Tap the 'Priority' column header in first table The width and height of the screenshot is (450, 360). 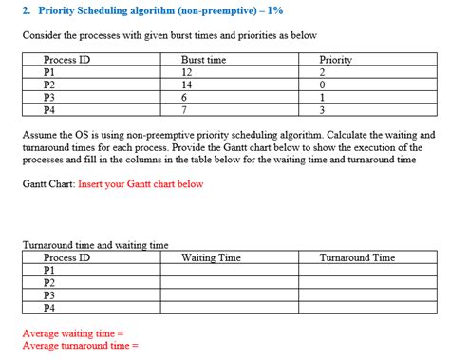pyautogui.click(x=336, y=60)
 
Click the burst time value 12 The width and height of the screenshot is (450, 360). pyautogui.click(x=186, y=72)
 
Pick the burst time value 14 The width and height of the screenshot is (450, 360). pyautogui.click(x=186, y=85)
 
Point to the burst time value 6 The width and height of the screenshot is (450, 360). pyautogui.click(x=183, y=98)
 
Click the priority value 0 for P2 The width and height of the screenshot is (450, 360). pyautogui.click(x=323, y=85)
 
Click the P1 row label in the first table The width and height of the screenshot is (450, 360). pyautogui.click(x=50, y=72)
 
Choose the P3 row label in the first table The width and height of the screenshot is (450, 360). pyautogui.click(x=50, y=98)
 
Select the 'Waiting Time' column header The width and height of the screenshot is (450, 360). pyautogui.click(x=211, y=257)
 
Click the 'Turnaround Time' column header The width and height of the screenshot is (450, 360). pyautogui.click(x=357, y=257)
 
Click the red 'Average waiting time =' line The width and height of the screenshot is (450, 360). pyautogui.click(x=73, y=333)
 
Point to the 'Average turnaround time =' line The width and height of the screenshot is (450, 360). pyautogui.click(x=81, y=346)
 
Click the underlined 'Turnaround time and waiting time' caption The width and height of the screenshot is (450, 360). pyautogui.click(x=95, y=245)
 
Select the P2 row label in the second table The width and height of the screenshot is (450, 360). pyautogui.click(x=50, y=283)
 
